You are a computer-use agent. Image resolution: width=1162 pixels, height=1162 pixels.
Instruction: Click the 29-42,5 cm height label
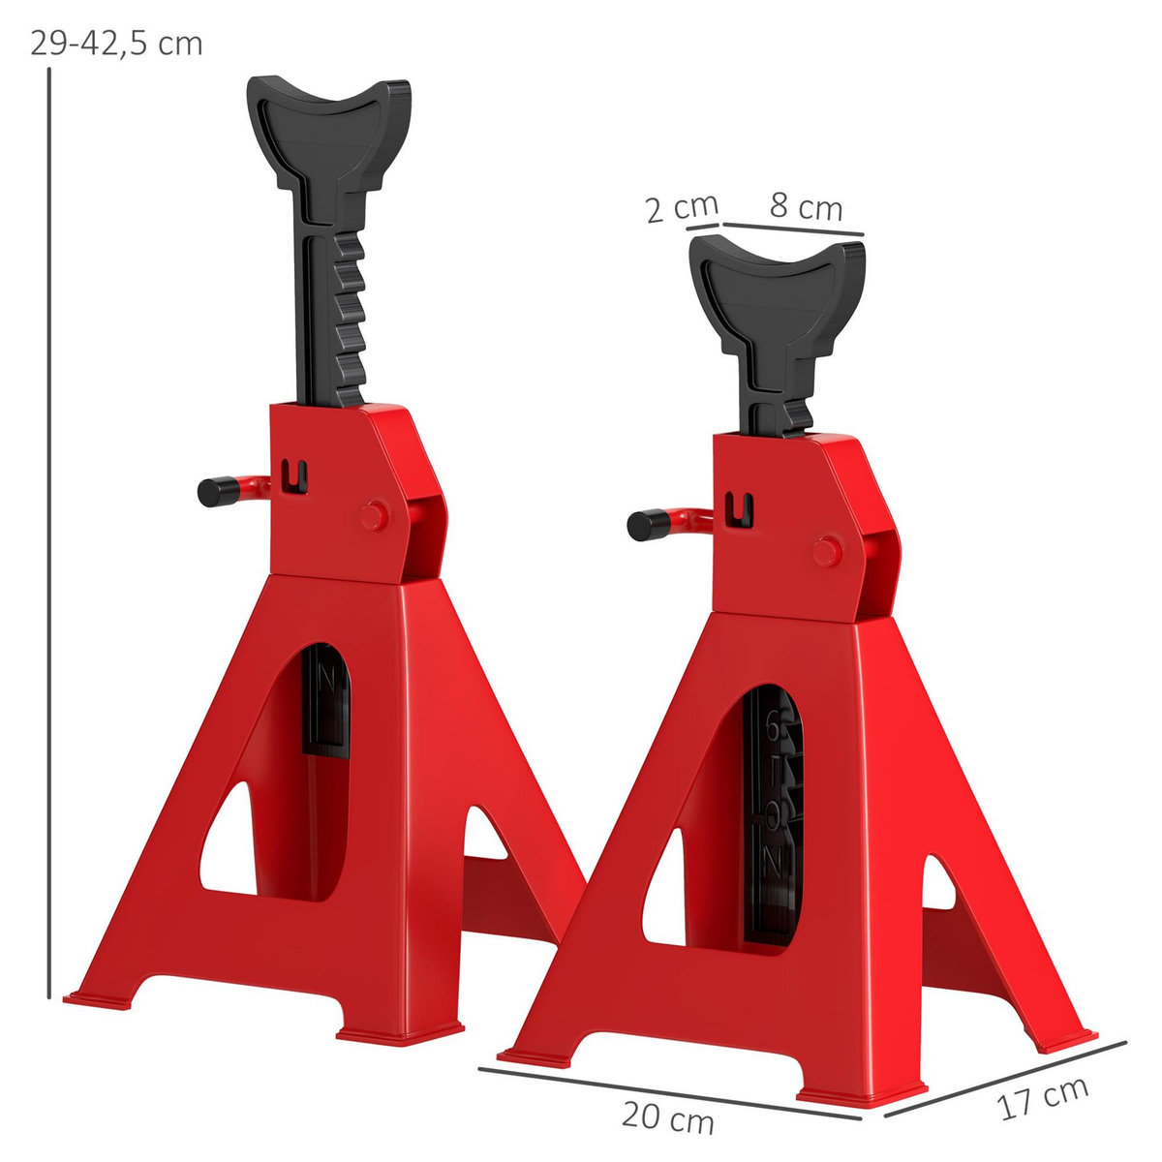click(116, 45)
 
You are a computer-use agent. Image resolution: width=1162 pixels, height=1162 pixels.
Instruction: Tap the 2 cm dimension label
click(682, 207)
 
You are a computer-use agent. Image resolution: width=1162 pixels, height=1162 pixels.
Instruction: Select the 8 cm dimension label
click(806, 206)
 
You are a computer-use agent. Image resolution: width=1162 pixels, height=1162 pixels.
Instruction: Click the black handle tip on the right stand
click(641, 525)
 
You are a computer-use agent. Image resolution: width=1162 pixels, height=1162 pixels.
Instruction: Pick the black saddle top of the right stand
click(779, 281)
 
